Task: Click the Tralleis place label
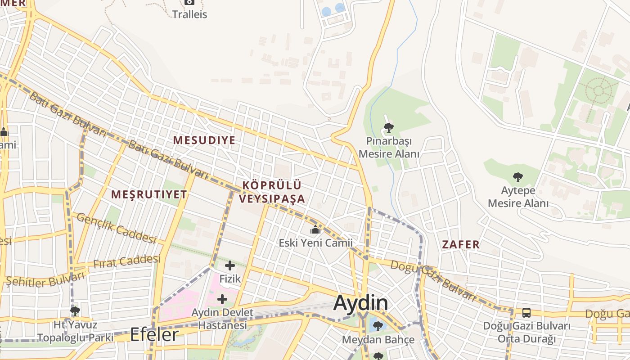[x=189, y=14]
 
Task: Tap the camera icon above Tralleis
[x=189, y=2]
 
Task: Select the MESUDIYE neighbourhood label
[x=204, y=140]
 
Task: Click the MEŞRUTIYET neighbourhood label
[x=149, y=194]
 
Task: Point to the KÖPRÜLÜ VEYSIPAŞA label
[x=272, y=192]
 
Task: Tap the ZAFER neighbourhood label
[x=461, y=245]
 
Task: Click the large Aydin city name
[x=360, y=303]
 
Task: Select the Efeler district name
[x=154, y=335]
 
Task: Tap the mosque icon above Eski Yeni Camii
[x=315, y=230]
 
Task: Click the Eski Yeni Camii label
[x=315, y=243]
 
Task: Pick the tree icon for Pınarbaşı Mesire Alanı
[x=389, y=128]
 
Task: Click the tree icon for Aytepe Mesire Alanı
[x=518, y=177]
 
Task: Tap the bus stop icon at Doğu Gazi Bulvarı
[x=526, y=312]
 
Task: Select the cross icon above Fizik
[x=230, y=265]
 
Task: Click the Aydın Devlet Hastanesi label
[x=223, y=319]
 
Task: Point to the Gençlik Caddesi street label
[x=116, y=229]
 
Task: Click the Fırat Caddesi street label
[x=127, y=262]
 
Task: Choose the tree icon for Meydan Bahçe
[x=378, y=326]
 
